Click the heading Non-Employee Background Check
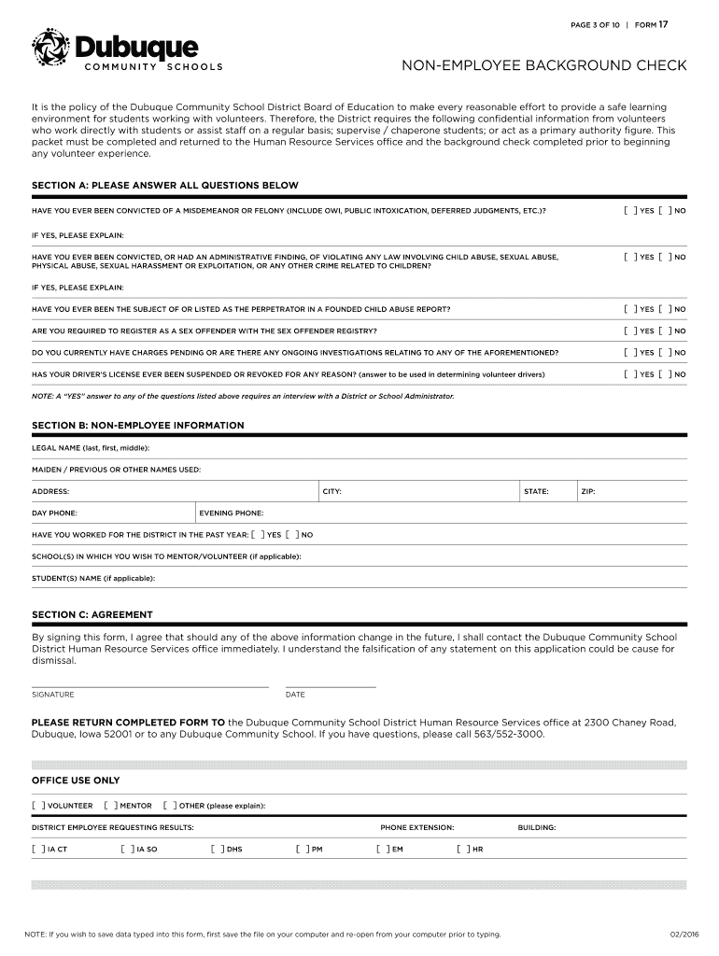tap(544, 66)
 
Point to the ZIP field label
tap(588, 491)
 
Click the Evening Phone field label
tap(232, 513)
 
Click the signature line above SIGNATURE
tap(149, 686)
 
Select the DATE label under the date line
tap(295, 695)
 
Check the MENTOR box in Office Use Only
tap(110, 806)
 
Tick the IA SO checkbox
tap(126, 850)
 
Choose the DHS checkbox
tap(216, 850)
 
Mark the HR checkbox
tap(462, 850)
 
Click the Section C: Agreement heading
tap(92, 614)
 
